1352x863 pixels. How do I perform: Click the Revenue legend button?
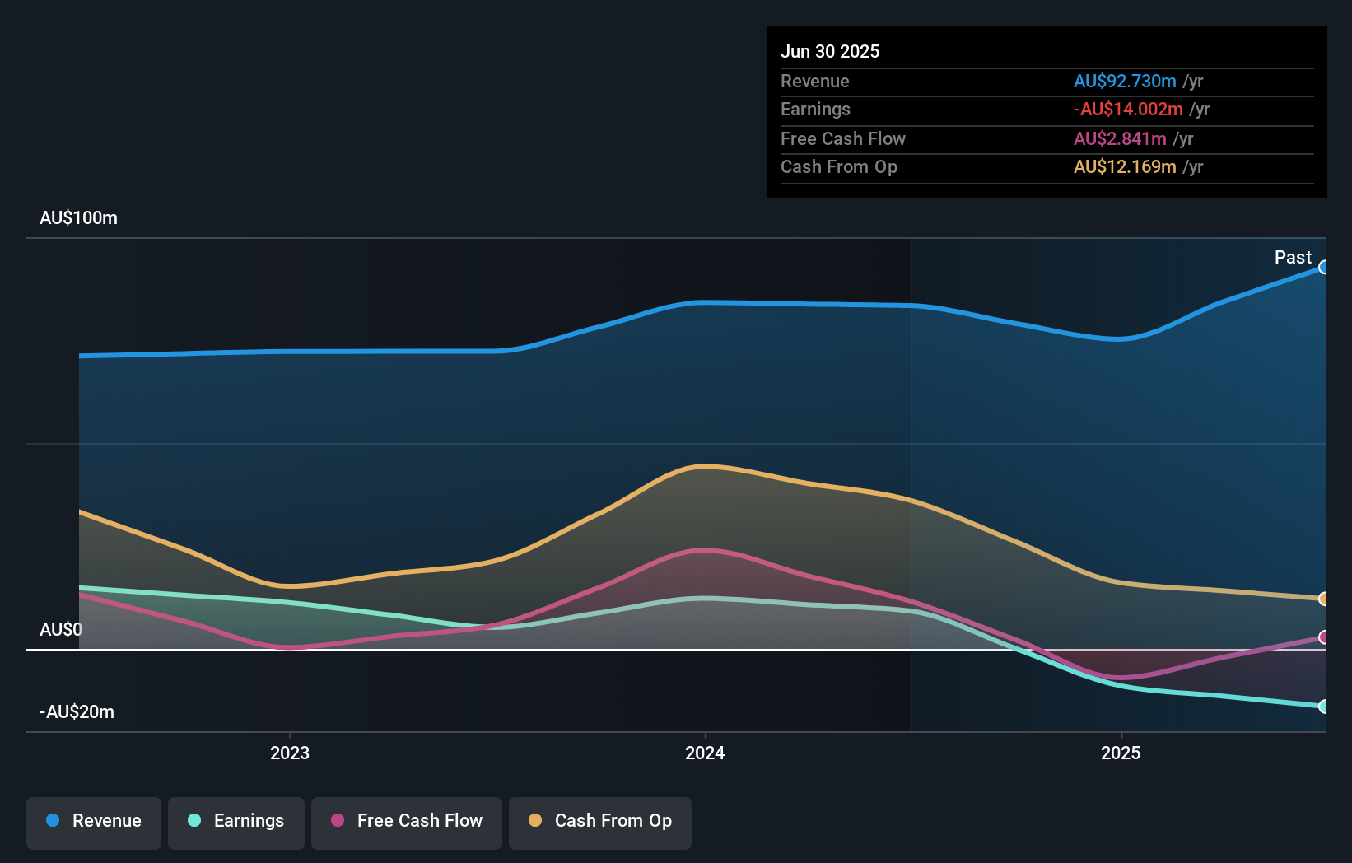click(x=94, y=821)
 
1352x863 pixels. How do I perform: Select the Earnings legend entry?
click(x=236, y=821)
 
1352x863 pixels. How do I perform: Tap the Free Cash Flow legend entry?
click(x=407, y=821)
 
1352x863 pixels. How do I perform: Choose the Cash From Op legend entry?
click(x=600, y=821)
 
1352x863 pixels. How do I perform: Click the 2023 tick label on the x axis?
click(x=290, y=753)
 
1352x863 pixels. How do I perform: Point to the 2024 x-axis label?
click(x=705, y=753)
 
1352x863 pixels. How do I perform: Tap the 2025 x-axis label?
click(x=1121, y=753)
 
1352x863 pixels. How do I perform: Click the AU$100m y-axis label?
click(x=78, y=218)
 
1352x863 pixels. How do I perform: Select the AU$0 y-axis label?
click(x=61, y=630)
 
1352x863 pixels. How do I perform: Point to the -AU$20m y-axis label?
click(x=77, y=712)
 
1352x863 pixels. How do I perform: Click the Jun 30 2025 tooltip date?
click(x=830, y=51)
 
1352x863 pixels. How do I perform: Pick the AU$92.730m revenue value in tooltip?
click(x=1125, y=81)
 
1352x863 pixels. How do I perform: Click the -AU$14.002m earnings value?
click(x=1128, y=110)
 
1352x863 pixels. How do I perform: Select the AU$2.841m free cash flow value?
click(x=1120, y=138)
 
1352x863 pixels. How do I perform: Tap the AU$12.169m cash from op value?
click(x=1125, y=167)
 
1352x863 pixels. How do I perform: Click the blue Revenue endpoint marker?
click(x=1323, y=267)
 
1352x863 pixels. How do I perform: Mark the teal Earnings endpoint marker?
click(x=1323, y=707)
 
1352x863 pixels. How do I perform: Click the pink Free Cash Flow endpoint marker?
click(x=1323, y=637)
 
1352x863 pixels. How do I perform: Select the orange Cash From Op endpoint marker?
click(x=1323, y=599)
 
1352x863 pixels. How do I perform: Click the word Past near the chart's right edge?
click(x=1293, y=258)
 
